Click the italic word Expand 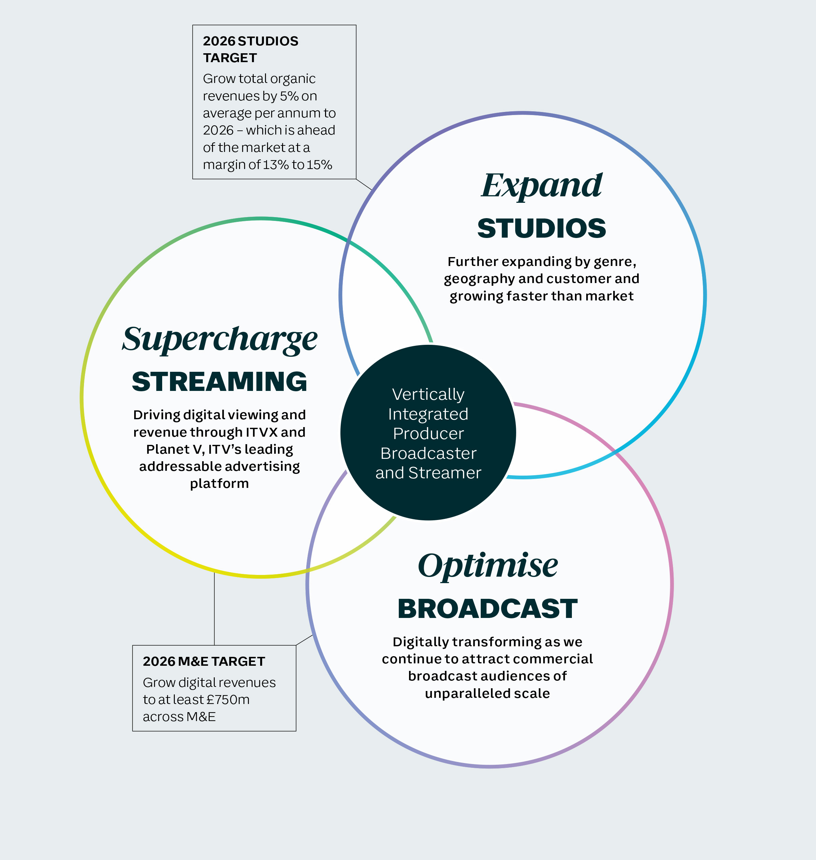pyautogui.click(x=541, y=186)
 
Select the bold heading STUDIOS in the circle pyautogui.click(x=541, y=228)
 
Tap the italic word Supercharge pyautogui.click(x=220, y=340)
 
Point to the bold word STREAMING pyautogui.click(x=220, y=381)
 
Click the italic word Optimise pyautogui.click(x=488, y=566)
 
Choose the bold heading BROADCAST pyautogui.click(x=488, y=609)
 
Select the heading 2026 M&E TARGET pyautogui.click(x=204, y=662)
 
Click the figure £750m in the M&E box pyautogui.click(x=228, y=700)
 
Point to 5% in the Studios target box pyautogui.click(x=289, y=96)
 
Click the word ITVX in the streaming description pyautogui.click(x=262, y=432)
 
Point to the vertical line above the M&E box pyautogui.click(x=214, y=609)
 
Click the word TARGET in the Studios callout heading pyautogui.click(x=230, y=58)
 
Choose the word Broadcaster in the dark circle pyautogui.click(x=428, y=453)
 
